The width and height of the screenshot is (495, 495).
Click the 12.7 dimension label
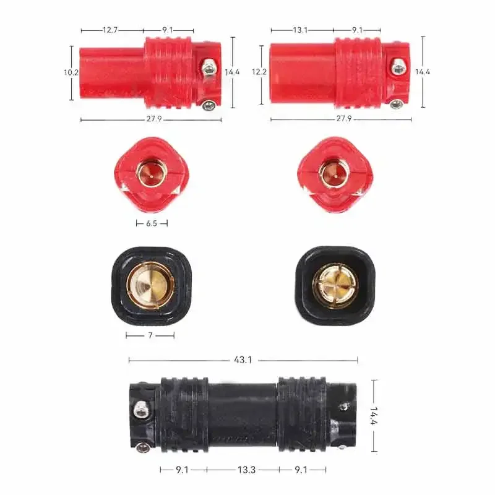(x=110, y=30)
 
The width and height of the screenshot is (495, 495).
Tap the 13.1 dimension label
(x=300, y=30)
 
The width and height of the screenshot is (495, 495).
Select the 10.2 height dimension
(x=71, y=72)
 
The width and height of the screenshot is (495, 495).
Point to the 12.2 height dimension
(x=259, y=72)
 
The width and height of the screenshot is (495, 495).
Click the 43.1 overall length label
(x=243, y=360)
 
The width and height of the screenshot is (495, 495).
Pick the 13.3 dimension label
(x=246, y=470)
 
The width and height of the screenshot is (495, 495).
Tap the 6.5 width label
(x=152, y=223)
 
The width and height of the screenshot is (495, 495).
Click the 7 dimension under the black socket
(x=150, y=335)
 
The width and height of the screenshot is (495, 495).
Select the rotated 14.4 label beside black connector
(x=374, y=415)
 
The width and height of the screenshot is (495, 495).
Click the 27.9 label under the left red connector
(x=154, y=119)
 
